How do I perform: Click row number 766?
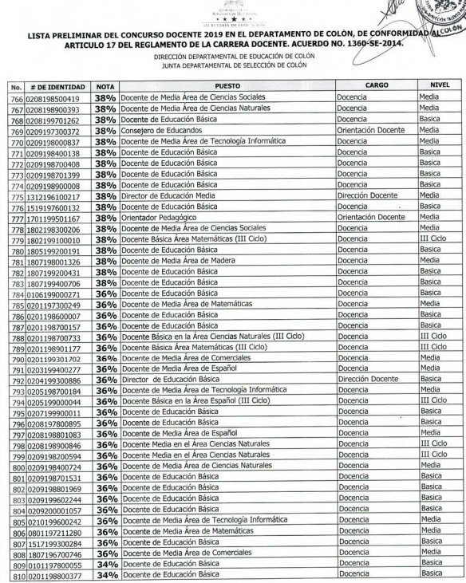(x=15, y=98)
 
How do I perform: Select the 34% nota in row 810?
(x=107, y=574)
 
